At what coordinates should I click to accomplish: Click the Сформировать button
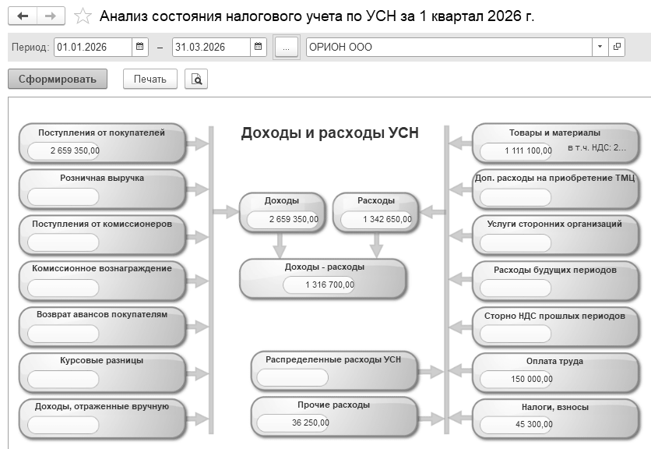click(58, 79)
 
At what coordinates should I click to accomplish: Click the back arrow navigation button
click(23, 16)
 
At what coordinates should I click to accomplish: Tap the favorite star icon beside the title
click(83, 16)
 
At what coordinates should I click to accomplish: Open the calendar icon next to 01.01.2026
click(140, 47)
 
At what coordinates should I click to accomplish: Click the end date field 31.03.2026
click(211, 47)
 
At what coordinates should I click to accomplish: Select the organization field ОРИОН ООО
click(449, 47)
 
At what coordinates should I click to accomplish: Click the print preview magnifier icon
click(196, 79)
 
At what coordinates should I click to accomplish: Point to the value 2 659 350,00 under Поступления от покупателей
click(76, 150)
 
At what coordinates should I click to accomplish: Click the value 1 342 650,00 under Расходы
click(387, 219)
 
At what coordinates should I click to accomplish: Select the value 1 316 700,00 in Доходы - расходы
click(329, 285)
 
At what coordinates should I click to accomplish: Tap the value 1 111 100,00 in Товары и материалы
click(528, 150)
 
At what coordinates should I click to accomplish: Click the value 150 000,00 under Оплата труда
click(532, 379)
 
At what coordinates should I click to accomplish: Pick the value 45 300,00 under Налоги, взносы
click(534, 424)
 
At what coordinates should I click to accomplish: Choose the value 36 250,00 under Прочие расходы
click(311, 422)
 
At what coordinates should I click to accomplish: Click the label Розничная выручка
click(102, 178)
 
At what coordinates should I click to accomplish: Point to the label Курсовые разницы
click(102, 360)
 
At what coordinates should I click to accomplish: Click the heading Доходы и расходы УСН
click(330, 133)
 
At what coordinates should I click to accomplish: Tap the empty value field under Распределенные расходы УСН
click(292, 377)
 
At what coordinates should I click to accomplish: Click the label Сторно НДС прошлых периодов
click(554, 316)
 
